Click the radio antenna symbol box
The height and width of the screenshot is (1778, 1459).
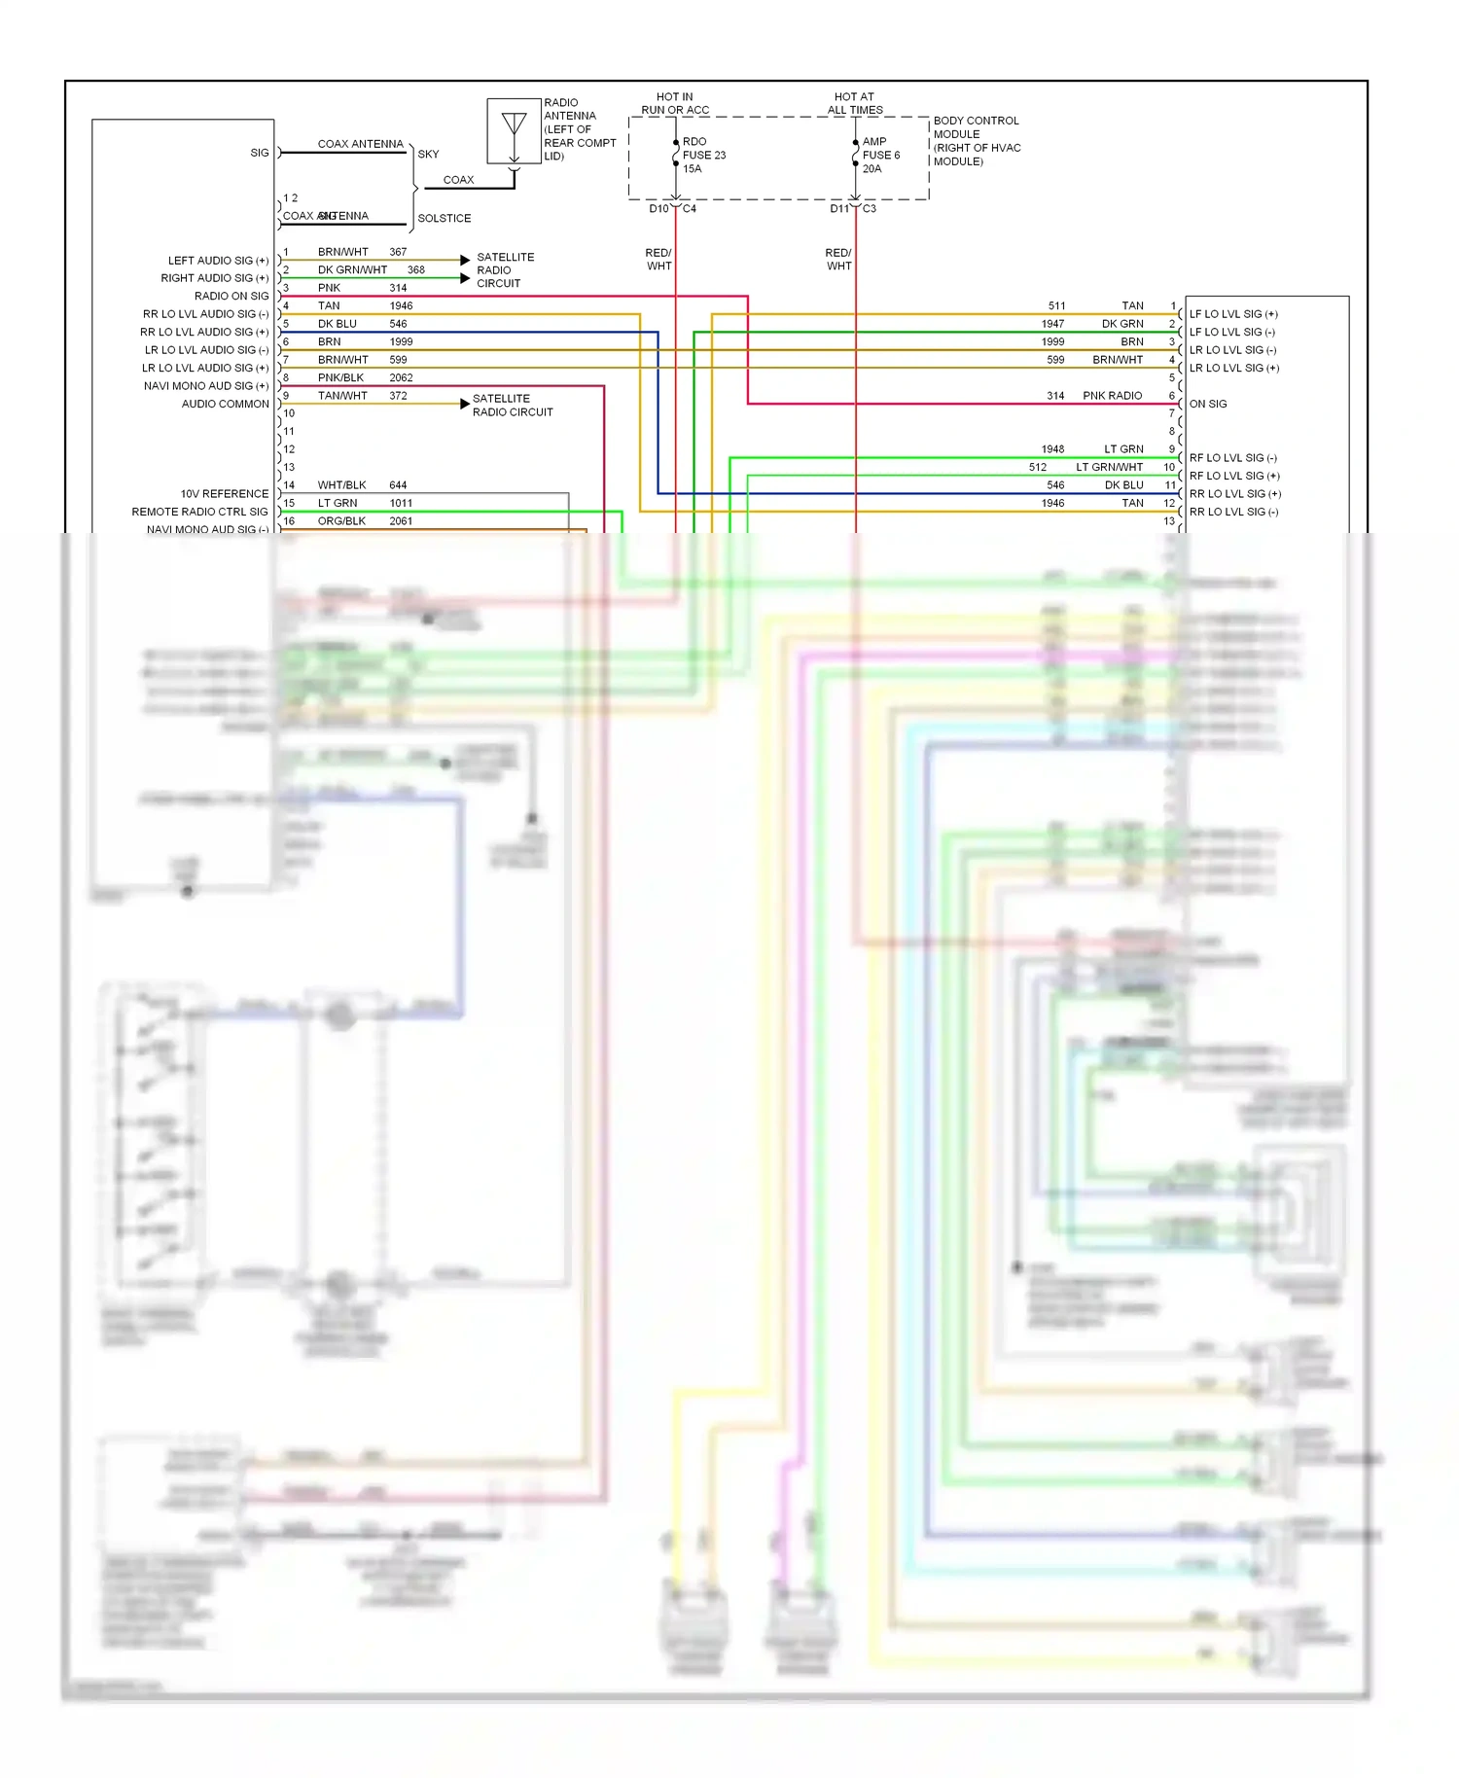coord(514,131)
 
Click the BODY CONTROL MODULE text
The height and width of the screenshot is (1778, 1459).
coord(976,127)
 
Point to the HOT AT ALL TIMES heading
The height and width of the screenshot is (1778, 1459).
coord(854,103)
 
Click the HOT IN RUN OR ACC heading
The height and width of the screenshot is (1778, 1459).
coord(675,103)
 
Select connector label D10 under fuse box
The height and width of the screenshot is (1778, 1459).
coord(658,209)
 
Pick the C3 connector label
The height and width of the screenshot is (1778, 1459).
coord(869,209)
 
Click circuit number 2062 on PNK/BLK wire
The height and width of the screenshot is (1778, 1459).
coord(401,377)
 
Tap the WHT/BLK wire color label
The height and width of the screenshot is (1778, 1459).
coord(341,485)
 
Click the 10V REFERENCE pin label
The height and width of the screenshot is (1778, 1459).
coord(224,494)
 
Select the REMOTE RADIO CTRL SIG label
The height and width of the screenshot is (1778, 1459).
coord(199,512)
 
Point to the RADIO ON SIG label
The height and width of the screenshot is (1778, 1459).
coord(231,296)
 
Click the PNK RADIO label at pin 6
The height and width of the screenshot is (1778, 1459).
coord(1112,396)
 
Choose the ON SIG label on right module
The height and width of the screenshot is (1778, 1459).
coord(1207,404)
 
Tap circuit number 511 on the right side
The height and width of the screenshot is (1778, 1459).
coord(1056,305)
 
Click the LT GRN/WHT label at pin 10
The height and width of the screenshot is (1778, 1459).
coord(1109,468)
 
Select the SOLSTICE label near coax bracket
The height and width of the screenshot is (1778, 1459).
coord(444,219)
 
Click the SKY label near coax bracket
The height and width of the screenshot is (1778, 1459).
coord(428,155)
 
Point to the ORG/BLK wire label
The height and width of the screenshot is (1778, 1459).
coord(341,521)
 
